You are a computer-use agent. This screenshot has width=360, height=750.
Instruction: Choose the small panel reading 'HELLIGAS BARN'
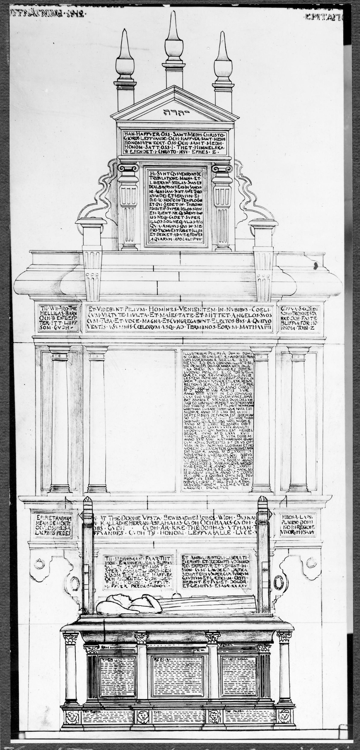coord(58,318)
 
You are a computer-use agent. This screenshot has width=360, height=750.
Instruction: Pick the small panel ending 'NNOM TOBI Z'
coord(300,318)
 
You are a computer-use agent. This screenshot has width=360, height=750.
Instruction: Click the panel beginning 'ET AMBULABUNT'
coord(215,571)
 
